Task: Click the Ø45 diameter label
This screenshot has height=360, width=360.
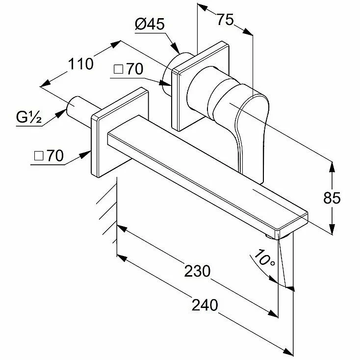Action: click(x=150, y=24)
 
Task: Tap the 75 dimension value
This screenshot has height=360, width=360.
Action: click(x=225, y=19)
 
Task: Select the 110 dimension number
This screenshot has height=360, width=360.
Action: click(x=81, y=64)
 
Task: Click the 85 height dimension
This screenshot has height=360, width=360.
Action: click(x=332, y=198)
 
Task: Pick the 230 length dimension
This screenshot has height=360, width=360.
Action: click(x=197, y=271)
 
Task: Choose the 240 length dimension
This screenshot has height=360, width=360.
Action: click(x=205, y=305)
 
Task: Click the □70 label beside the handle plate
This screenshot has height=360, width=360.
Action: click(x=129, y=69)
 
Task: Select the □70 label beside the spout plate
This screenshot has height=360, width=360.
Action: click(x=49, y=155)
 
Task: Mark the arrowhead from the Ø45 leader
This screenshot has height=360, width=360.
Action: click(x=176, y=49)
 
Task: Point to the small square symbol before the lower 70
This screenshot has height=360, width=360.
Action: click(x=39, y=155)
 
